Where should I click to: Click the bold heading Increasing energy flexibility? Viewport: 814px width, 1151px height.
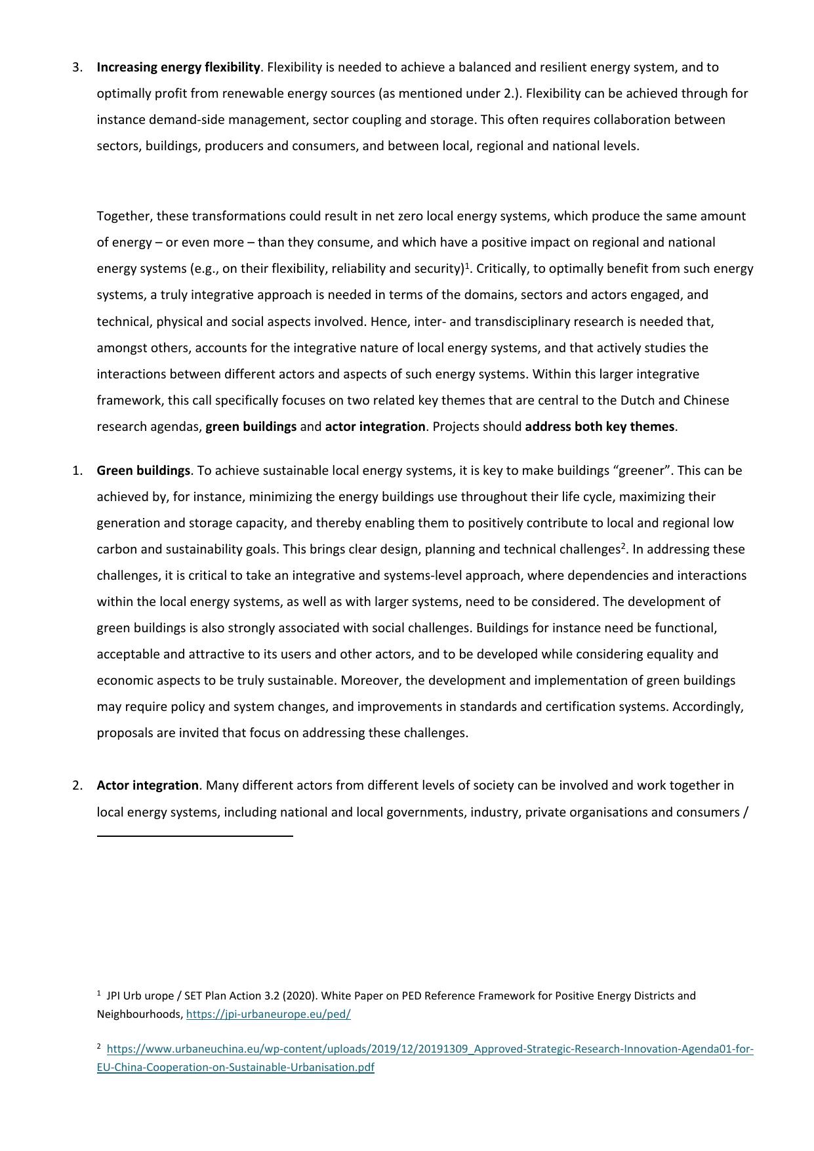pos(178,68)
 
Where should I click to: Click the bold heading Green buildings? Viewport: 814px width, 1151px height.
pos(143,471)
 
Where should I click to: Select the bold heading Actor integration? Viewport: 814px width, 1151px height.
pos(148,786)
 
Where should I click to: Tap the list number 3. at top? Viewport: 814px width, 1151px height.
pos(77,68)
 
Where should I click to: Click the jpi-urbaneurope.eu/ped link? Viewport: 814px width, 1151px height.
pos(268,1015)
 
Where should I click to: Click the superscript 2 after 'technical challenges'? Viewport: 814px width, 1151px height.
pos(623,546)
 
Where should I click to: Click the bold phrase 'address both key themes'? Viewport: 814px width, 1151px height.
pos(600,427)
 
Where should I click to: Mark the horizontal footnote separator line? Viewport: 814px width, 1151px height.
pos(195,836)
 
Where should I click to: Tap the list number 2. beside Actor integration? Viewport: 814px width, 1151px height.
pos(77,786)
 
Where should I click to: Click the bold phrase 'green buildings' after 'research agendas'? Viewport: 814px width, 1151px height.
pos(251,427)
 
